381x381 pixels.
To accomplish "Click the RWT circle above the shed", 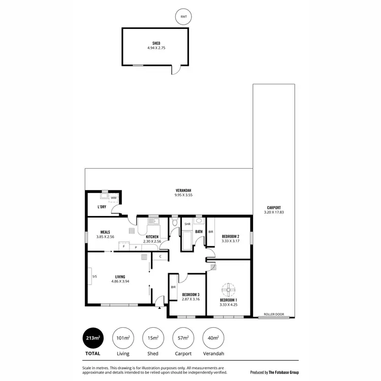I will click(x=182, y=17).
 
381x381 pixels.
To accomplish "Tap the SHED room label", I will click(x=156, y=44).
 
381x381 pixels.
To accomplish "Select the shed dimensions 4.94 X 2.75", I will click(x=156, y=49).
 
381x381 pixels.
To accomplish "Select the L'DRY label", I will click(x=102, y=207).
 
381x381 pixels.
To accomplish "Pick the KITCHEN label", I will click(x=152, y=237).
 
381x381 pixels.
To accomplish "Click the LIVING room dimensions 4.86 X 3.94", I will click(x=120, y=281).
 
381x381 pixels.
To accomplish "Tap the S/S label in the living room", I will click(x=94, y=276).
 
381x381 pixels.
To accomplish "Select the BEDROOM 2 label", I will click(x=230, y=237).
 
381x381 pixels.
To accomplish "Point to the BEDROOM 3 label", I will click(x=190, y=295).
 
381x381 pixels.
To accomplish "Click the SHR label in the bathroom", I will click(x=187, y=224).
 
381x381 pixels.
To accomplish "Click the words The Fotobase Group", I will click(x=283, y=372).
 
